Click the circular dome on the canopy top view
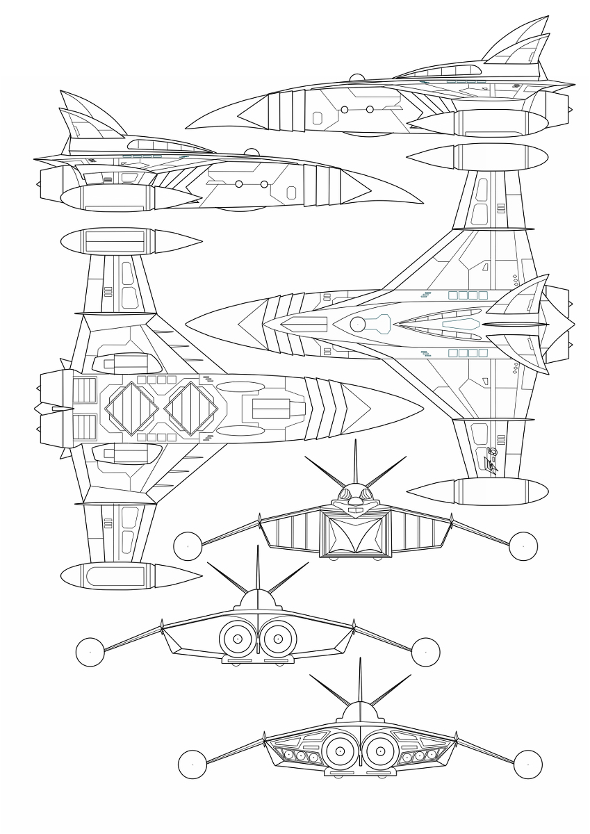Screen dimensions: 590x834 (x=358, y=324)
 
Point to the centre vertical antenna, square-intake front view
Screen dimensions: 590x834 (x=355, y=462)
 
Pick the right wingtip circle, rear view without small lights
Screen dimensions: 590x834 (x=425, y=652)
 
